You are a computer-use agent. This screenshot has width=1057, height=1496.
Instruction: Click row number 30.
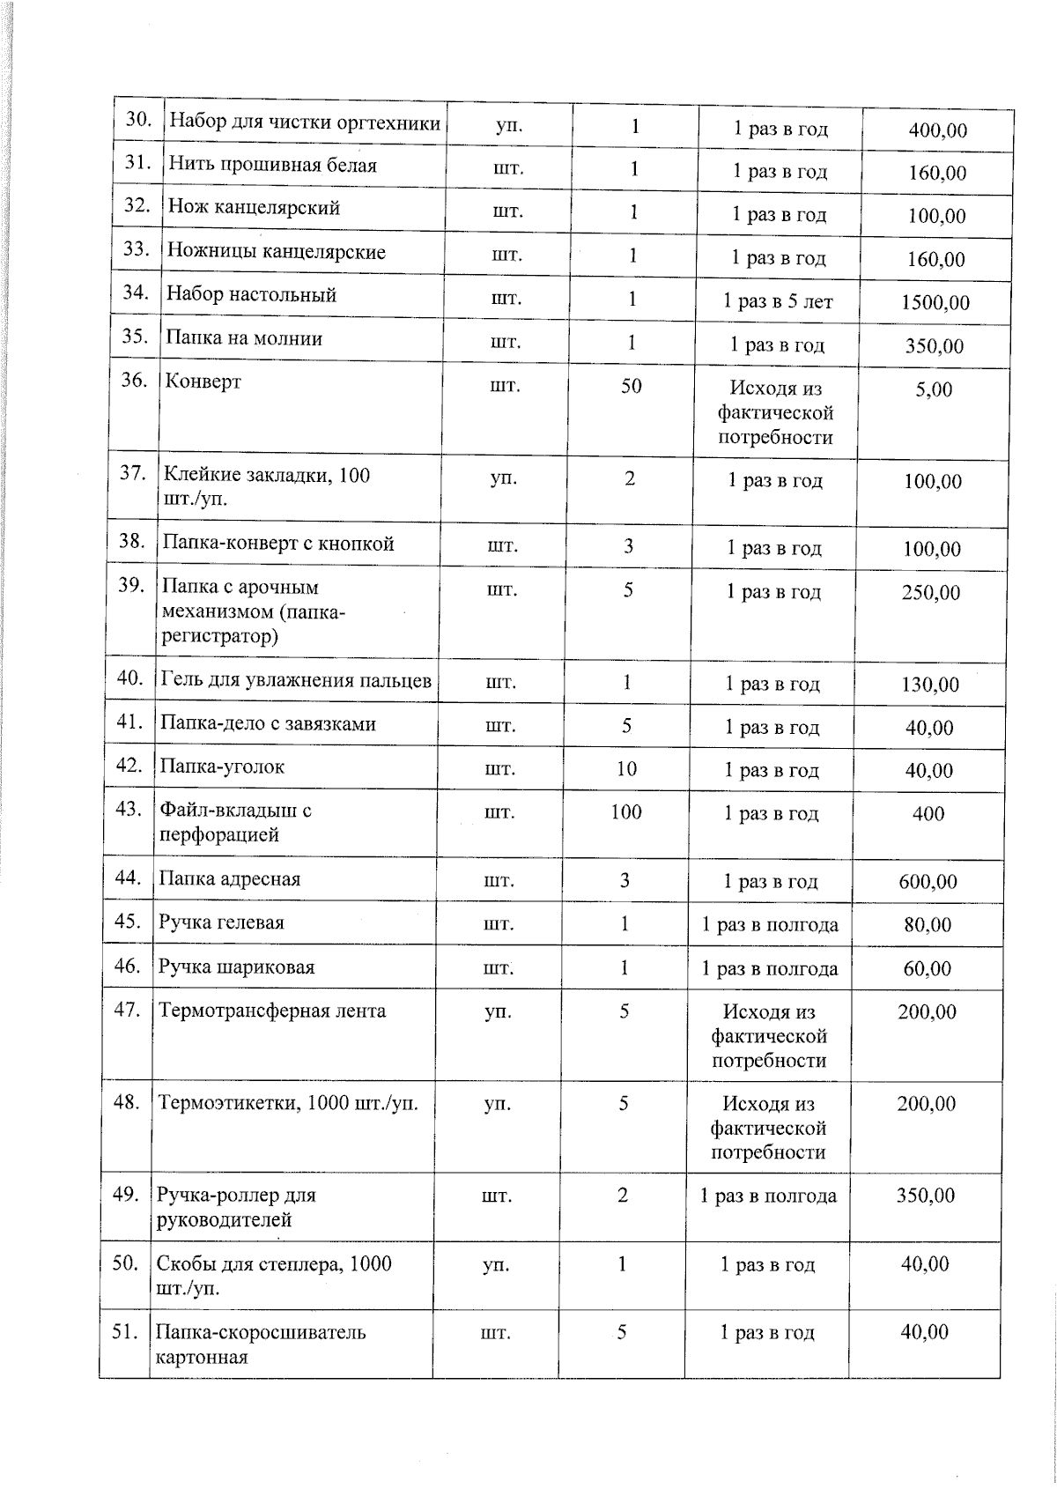[x=139, y=120]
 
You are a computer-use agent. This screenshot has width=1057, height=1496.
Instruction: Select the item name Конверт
[x=203, y=382]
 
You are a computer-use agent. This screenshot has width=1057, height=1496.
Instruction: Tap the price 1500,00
[x=935, y=303]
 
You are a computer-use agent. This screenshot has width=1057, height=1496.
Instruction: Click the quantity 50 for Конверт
[x=631, y=386]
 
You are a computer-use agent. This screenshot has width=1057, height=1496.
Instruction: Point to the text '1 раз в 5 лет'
[x=777, y=302]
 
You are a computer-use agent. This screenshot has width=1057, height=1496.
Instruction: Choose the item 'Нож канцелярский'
[x=254, y=208]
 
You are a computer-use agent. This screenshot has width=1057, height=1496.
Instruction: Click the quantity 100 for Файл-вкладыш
[x=625, y=812]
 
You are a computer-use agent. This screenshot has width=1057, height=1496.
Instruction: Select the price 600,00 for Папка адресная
[x=928, y=882]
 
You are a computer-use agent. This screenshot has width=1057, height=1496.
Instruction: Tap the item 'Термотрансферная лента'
[x=271, y=1011]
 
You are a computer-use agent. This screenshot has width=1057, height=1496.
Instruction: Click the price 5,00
[x=933, y=389]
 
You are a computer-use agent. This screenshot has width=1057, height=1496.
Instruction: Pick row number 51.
[x=126, y=1332]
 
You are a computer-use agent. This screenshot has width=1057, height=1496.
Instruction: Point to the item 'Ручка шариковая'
[x=236, y=967]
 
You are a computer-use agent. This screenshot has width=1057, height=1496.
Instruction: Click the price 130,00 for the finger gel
[x=930, y=685]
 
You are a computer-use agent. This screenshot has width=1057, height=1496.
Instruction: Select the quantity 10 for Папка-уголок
[x=625, y=769]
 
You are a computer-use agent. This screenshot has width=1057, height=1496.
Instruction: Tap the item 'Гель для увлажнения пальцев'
[x=296, y=680]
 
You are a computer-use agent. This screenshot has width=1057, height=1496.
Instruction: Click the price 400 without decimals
[x=928, y=814]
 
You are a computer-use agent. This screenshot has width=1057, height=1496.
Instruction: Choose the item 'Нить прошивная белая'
[x=272, y=165]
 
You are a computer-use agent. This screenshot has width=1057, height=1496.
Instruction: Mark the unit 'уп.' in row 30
[x=509, y=126]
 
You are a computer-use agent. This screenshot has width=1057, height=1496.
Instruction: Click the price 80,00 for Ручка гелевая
[x=928, y=925]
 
